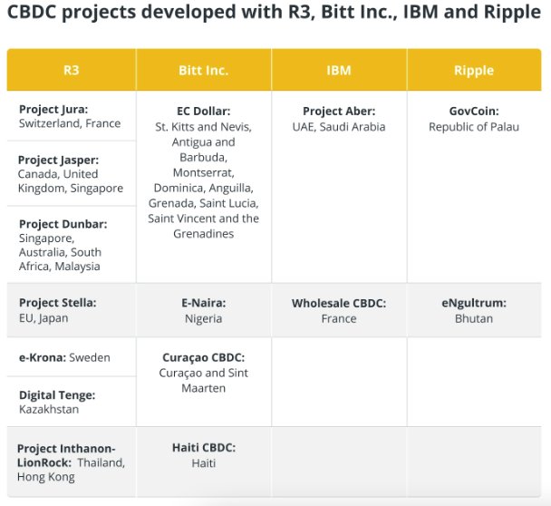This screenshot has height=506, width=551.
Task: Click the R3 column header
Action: point(71,70)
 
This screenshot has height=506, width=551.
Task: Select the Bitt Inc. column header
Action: point(203,70)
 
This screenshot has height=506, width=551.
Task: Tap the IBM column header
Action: point(338,70)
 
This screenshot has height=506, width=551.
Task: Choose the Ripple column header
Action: point(473,70)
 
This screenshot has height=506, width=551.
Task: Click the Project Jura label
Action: point(53,109)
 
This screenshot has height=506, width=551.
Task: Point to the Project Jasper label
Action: point(59,160)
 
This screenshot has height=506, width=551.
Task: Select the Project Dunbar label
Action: point(63,224)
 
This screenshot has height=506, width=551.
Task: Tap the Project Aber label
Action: point(338,112)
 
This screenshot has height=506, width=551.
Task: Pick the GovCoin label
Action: point(473,112)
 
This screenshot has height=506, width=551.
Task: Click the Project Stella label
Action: point(57,303)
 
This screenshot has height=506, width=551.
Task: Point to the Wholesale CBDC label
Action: point(338,303)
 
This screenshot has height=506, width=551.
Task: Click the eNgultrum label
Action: point(473,303)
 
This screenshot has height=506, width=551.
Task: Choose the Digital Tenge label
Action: point(57,395)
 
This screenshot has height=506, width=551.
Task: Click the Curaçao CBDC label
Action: point(203,357)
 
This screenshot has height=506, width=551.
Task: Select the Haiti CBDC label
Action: point(203,447)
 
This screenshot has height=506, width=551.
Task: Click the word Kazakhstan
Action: point(50,410)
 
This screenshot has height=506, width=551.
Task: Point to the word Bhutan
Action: point(473,318)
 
